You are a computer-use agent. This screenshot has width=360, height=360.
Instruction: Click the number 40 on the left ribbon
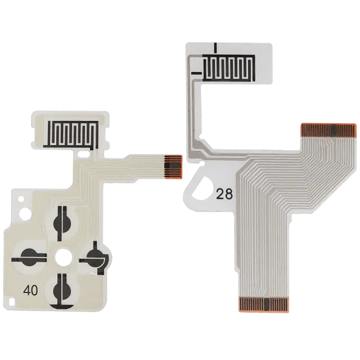30,290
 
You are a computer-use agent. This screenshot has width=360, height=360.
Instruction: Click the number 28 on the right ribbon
224,194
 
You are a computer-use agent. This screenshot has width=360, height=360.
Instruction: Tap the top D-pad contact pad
62,223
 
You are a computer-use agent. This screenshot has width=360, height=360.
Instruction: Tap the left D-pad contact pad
29,258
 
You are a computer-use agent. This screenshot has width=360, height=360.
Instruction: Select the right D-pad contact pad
94,258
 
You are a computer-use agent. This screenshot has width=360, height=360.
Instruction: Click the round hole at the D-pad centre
64,256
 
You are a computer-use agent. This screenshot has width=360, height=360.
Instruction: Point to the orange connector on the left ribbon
173,166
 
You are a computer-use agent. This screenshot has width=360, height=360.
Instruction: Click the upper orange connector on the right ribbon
328,130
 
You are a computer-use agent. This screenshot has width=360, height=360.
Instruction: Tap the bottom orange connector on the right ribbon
264,304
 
